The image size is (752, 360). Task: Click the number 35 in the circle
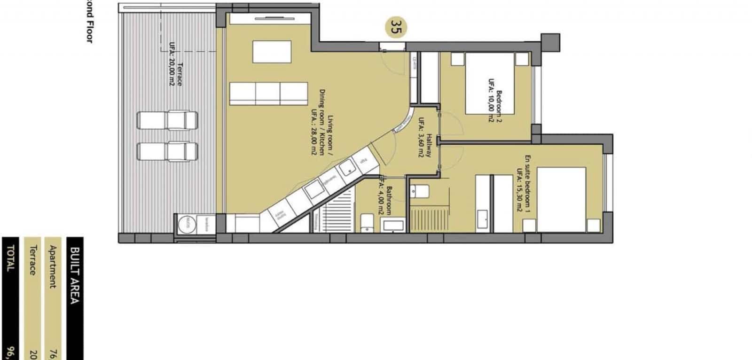(x=396, y=27)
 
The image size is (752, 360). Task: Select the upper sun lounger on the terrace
(x=167, y=120)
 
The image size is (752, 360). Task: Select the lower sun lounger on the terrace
(x=167, y=152)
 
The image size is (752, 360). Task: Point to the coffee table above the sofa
(x=272, y=52)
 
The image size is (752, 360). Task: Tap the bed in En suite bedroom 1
(x=561, y=199)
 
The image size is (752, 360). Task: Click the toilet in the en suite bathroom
(x=419, y=191)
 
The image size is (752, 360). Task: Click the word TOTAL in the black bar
(x=10, y=259)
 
